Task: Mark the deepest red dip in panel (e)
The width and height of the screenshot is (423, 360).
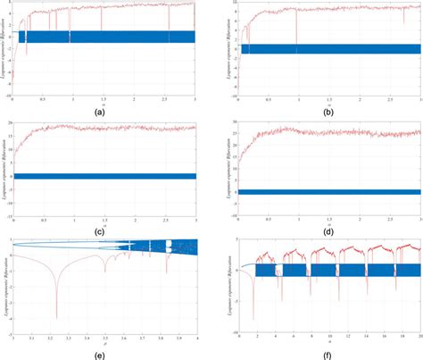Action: (x=56, y=316)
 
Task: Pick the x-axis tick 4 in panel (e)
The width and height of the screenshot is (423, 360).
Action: (x=196, y=338)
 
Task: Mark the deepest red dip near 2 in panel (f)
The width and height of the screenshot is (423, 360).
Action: (x=253, y=316)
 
